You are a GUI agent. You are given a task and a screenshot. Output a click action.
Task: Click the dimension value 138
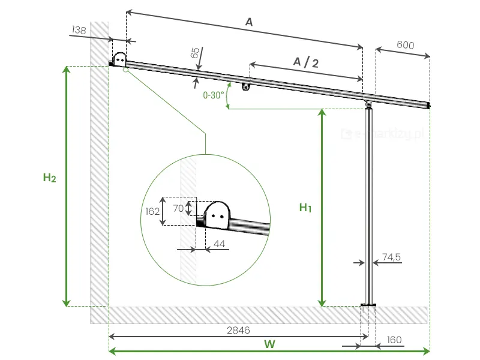point(79,29)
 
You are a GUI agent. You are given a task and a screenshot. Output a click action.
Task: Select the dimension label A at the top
point(249,22)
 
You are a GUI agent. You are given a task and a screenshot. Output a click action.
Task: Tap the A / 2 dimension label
point(305,62)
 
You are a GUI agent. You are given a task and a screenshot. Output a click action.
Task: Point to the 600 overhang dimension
point(406,46)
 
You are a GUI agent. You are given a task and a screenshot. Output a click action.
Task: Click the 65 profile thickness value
point(194,53)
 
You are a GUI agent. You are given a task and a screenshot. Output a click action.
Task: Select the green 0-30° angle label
point(214,95)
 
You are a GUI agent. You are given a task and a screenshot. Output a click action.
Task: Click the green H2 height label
point(50,178)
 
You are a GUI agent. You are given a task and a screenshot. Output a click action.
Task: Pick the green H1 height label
point(305,208)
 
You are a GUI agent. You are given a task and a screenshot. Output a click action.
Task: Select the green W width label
point(269,344)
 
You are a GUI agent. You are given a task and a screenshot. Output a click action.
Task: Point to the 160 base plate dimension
point(394,340)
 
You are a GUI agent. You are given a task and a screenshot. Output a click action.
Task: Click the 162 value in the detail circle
point(152,211)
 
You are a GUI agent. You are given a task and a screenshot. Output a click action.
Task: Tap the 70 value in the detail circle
point(177,208)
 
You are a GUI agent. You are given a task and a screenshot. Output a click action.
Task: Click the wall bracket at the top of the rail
point(120,59)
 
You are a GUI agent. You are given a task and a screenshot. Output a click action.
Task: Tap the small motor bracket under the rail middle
point(246,86)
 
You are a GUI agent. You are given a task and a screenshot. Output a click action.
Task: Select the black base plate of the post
point(368,305)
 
